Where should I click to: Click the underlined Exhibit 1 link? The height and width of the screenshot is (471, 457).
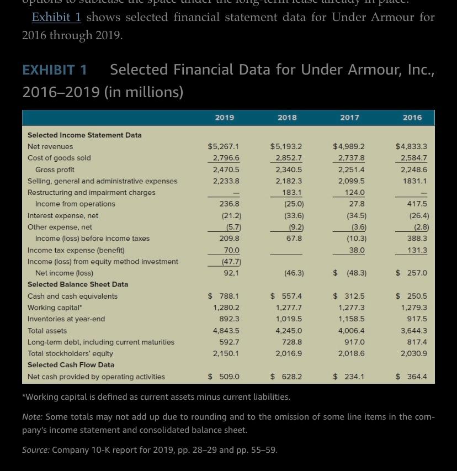tap(56, 17)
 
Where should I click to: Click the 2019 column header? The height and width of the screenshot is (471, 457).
tap(224, 118)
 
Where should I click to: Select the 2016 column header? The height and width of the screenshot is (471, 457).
tap(412, 118)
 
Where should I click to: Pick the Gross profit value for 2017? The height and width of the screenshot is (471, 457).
tap(351, 170)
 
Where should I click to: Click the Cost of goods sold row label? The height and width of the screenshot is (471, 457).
tap(59, 158)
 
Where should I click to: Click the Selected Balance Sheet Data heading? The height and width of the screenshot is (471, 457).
tap(78, 284)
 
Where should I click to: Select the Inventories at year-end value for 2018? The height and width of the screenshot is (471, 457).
tap(289, 319)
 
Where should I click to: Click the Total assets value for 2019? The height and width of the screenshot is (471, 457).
tap(226, 331)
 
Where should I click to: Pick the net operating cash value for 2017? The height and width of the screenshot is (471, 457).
tap(349, 377)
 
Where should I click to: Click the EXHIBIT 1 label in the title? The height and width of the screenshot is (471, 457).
tap(55, 70)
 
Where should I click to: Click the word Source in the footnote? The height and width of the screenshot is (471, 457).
tap(35, 450)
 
